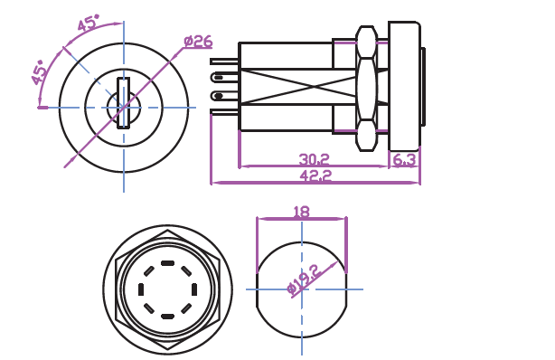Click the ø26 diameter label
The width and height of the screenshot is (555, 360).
[x=198, y=42]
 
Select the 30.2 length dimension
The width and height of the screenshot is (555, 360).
[x=314, y=159]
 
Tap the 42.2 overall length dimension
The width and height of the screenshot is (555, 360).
[x=315, y=175]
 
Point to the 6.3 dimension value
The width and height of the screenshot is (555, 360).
[x=404, y=160]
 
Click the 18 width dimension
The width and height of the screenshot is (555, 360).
[x=302, y=212]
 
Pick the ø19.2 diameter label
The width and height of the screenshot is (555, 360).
[x=304, y=279]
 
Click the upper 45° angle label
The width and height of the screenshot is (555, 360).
[x=89, y=23]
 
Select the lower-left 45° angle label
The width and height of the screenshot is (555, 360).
[x=39, y=72]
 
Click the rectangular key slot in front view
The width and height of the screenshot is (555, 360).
[x=124, y=103]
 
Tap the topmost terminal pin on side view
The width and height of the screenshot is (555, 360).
[x=225, y=62]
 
